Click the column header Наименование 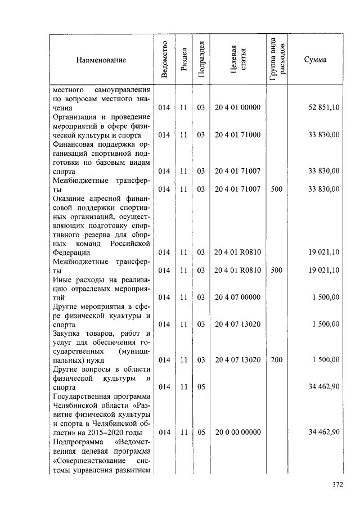pos(101,60)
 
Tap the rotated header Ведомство pos(164,60)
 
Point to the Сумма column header pos(315,60)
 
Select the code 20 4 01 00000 pos(237,107)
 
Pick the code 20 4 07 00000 pos(237,297)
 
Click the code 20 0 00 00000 pos(237,432)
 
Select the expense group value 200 pos(276,360)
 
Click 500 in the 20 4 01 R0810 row pos(276,270)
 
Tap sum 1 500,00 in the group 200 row pos(326,360)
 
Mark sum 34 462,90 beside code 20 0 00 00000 pos(323,432)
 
